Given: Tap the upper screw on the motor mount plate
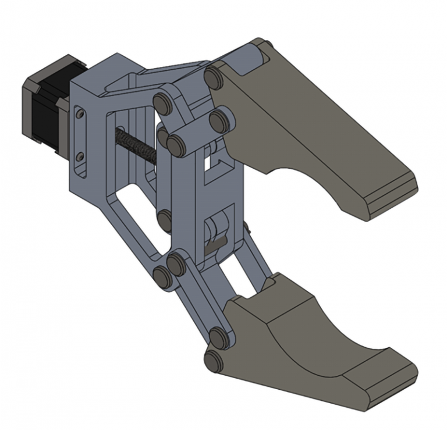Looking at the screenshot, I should click(x=80, y=115).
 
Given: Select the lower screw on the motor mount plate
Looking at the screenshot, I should click(x=80, y=155).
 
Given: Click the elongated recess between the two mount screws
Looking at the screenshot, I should click(x=80, y=135).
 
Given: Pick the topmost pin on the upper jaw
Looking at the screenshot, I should click(x=214, y=77).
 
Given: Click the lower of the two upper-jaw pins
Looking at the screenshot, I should click(x=219, y=120).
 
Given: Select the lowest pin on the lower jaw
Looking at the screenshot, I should click(x=214, y=360).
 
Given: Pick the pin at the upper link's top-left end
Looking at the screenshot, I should click(x=162, y=104).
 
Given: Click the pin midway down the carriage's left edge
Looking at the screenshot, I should click(x=165, y=219).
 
